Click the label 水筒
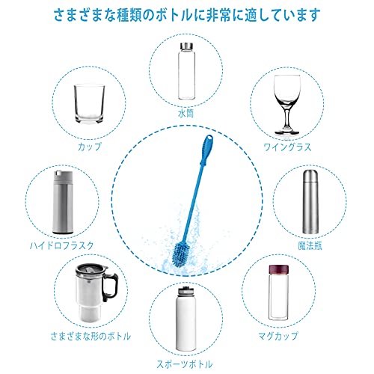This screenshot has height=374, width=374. [x=186, y=114]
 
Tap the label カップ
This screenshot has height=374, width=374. [x=90, y=147]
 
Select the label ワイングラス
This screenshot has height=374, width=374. [x=287, y=147]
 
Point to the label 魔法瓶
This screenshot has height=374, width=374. [x=310, y=246]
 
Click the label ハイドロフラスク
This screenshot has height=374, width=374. [x=62, y=245]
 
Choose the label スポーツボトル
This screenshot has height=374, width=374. [x=185, y=364]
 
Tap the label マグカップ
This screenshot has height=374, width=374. [x=278, y=336]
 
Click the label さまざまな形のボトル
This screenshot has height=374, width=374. [x=91, y=337]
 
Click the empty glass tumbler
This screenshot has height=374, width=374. [x=89, y=104]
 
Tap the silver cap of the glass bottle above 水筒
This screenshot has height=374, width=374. [x=186, y=46]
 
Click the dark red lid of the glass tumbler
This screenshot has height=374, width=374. [x=278, y=269]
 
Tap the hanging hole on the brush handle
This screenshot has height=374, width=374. [x=209, y=137]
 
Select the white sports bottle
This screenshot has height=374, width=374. [x=186, y=319]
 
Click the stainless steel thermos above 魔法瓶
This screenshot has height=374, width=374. [x=310, y=202]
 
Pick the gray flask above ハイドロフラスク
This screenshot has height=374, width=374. [x=63, y=202]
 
